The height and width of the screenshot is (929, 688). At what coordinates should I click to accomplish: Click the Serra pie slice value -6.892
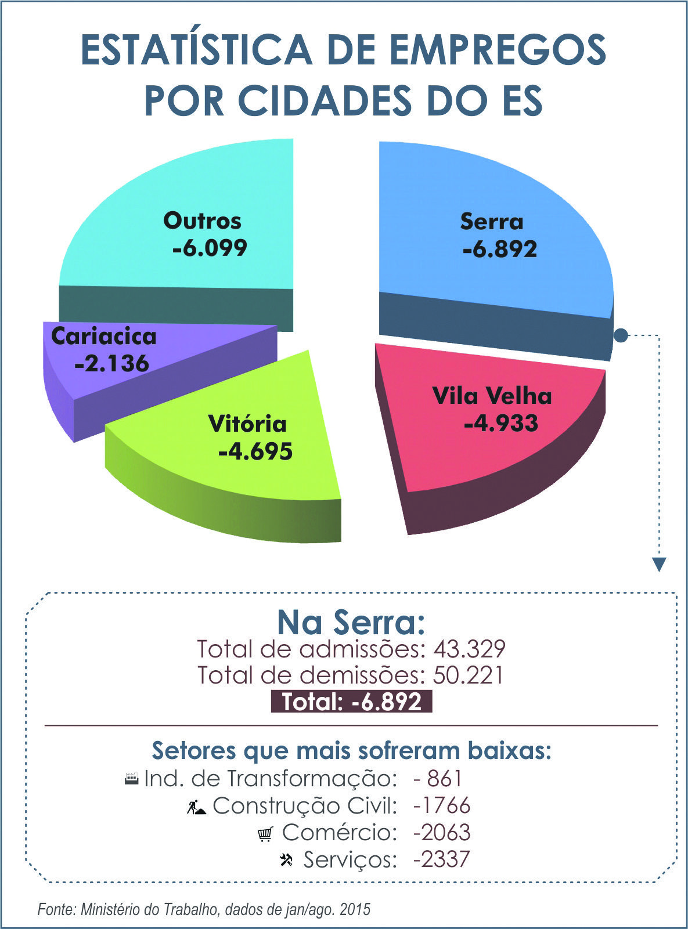tap(500, 249)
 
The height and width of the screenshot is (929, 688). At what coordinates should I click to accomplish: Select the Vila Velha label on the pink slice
tap(492, 396)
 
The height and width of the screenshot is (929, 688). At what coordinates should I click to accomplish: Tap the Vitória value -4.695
tap(255, 451)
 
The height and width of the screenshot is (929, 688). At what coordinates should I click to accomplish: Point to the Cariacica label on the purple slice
tap(104, 337)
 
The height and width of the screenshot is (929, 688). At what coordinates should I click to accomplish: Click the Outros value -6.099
tap(210, 248)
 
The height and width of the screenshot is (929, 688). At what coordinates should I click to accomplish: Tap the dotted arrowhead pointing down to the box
tap(658, 564)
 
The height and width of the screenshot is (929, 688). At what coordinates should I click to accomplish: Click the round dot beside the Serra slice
tap(620, 335)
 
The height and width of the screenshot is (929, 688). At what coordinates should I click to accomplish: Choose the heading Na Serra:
tap(351, 622)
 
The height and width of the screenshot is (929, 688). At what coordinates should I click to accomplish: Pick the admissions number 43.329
tap(469, 649)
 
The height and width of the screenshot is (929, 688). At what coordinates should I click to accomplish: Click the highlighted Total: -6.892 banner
tap(351, 702)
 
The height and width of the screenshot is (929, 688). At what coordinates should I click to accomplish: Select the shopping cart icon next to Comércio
tap(265, 834)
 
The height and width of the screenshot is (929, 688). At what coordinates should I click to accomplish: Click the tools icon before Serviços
tap(286, 859)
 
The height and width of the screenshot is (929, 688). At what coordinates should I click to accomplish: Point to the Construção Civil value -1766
tap(441, 805)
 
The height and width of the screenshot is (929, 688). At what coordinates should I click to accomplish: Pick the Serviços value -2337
tap(441, 859)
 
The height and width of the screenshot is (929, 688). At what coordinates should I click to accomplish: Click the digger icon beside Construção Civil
tap(196, 807)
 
